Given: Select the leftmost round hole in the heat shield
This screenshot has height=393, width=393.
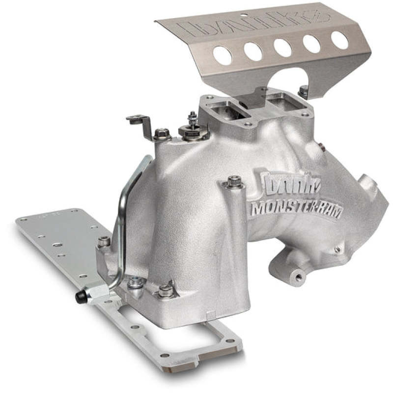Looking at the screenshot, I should point(222,56).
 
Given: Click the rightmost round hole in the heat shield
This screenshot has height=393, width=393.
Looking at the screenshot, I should point(339,40).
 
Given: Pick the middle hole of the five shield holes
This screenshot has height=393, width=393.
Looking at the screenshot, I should point(282,48).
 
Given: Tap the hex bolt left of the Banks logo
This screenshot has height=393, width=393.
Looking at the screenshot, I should point(234,182).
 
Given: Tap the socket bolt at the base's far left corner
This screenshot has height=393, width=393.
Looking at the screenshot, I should point(104,241).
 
